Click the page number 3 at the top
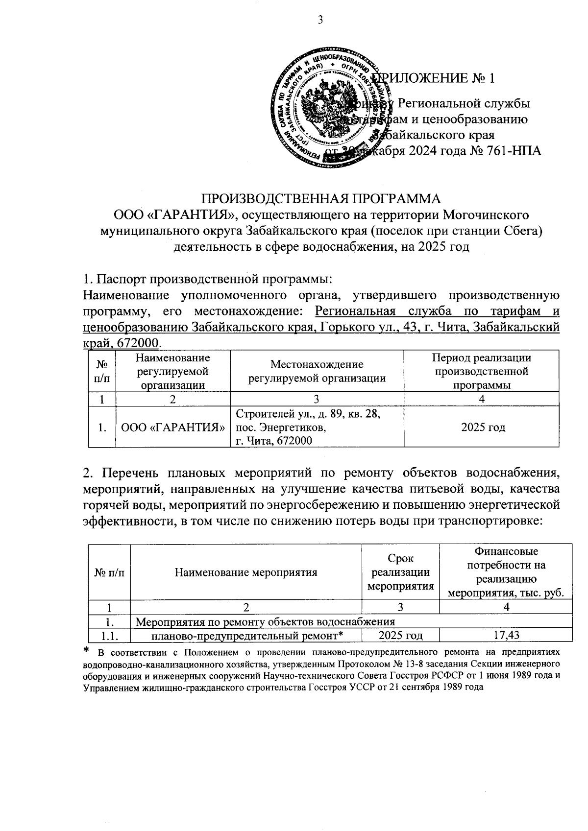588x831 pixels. tap(320, 20)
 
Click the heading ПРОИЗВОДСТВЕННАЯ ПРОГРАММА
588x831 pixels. tap(321, 198)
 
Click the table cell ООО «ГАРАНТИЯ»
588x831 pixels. tap(172, 427)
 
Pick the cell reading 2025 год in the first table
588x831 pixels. tap(483, 427)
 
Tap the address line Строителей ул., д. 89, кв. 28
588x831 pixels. tap(308, 414)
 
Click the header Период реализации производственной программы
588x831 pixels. tap(481, 371)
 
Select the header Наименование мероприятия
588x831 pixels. tap(245, 572)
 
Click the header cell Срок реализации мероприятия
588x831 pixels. tap(400, 572)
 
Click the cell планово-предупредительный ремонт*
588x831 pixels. tap(246, 636)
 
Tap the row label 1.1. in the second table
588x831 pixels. tap(109, 636)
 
